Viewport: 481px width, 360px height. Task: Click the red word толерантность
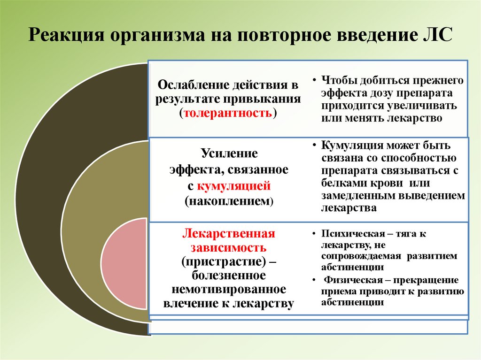click(x=228, y=113)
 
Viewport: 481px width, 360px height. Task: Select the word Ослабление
click(x=195, y=85)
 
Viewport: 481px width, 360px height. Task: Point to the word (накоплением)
click(x=229, y=201)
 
